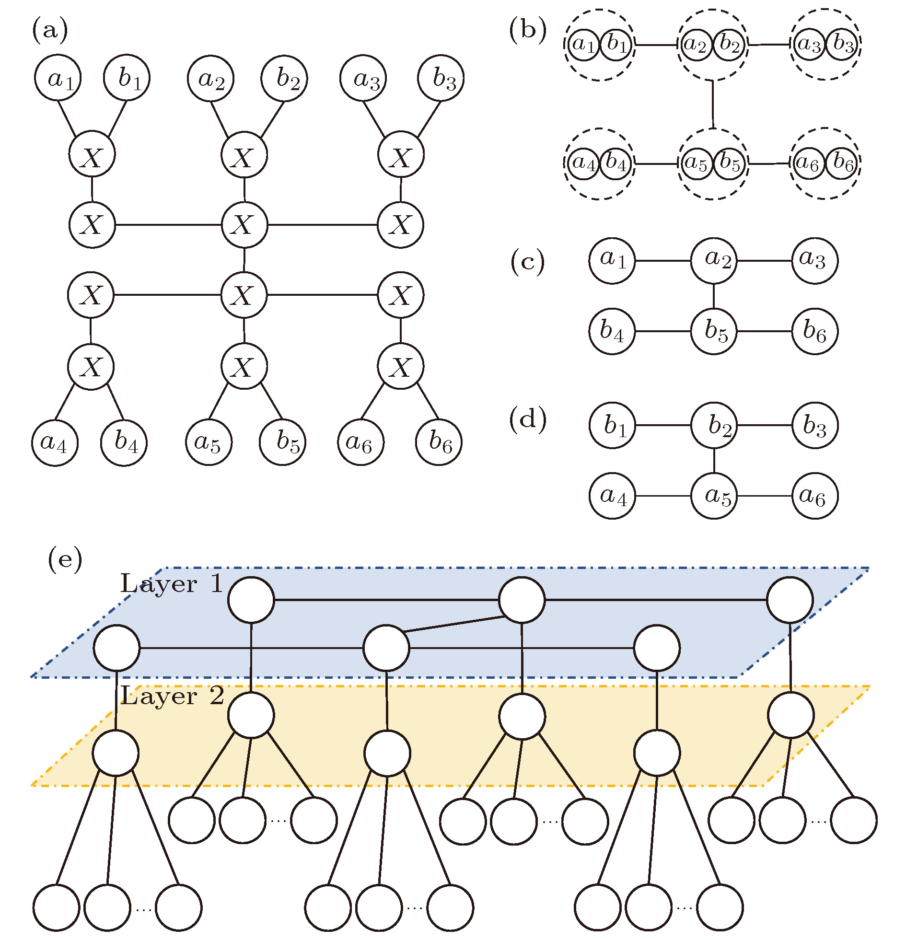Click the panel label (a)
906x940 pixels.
point(50,30)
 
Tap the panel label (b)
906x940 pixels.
point(528,30)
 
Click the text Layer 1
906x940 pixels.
point(171,584)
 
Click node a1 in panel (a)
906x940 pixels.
point(58,78)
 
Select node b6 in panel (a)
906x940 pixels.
point(438,441)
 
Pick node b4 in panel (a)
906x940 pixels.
point(124,442)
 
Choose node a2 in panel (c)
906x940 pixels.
point(714,260)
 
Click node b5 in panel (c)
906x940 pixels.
point(714,331)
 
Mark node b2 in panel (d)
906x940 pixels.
point(714,425)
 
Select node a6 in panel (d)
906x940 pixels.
point(814,496)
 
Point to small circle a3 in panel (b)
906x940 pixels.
point(809,45)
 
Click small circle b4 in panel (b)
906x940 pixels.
point(616,163)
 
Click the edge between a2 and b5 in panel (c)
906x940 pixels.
point(714,296)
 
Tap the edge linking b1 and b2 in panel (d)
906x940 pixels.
point(663,425)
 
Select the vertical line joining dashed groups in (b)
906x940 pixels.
point(713,104)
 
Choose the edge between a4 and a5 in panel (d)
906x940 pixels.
point(663,496)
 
